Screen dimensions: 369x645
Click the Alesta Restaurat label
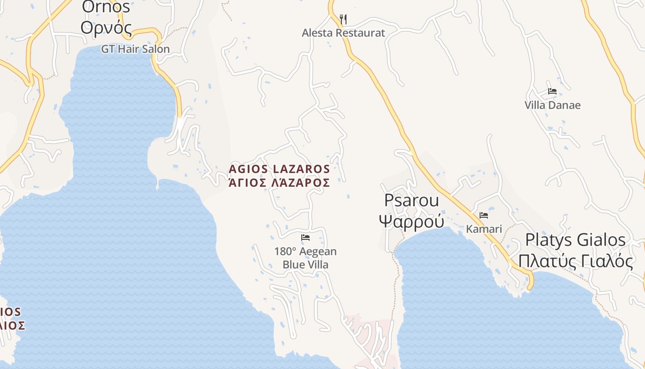click(343, 33)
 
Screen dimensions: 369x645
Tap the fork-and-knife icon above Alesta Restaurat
click(343, 19)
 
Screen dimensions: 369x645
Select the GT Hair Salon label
click(135, 49)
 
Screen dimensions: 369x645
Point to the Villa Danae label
click(552, 105)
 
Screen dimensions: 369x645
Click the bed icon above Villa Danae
click(552, 91)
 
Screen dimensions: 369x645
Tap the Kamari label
click(484, 229)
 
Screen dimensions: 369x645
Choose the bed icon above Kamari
click(484, 215)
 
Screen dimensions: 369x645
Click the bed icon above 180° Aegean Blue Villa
click(305, 238)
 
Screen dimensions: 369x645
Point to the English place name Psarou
click(411, 201)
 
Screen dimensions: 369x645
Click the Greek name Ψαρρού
click(411, 221)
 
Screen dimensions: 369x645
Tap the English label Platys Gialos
click(575, 240)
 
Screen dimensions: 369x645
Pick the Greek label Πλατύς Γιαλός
click(575, 261)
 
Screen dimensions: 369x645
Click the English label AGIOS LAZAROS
click(279, 169)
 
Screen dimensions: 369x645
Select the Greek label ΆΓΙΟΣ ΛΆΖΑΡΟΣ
click(279, 183)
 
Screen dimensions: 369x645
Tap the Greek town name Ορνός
click(106, 28)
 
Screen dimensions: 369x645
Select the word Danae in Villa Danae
click(567, 105)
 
